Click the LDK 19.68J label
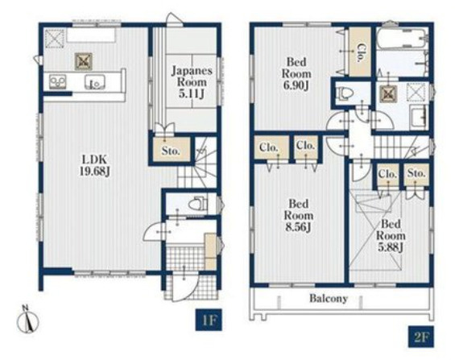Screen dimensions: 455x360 [95, 165]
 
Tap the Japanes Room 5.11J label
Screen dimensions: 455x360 [192, 82]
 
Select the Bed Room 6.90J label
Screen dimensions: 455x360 [296, 73]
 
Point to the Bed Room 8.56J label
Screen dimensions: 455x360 [299, 216]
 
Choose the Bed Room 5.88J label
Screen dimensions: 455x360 [391, 235]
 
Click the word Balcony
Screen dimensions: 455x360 [329, 298]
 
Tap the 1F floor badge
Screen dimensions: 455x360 [209, 321]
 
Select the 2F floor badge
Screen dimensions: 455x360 [421, 337]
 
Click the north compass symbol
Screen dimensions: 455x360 [28, 319]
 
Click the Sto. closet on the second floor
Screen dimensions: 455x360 [416, 175]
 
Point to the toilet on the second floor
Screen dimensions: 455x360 [345, 93]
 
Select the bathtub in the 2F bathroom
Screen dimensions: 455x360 [402, 39]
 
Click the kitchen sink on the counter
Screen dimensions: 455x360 [95, 81]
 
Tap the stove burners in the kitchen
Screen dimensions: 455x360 [58, 81]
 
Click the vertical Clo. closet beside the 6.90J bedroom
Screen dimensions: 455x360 [360, 52]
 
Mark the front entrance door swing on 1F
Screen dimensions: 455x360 [184, 286]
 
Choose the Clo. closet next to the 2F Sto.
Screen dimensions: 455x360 [388, 175]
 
